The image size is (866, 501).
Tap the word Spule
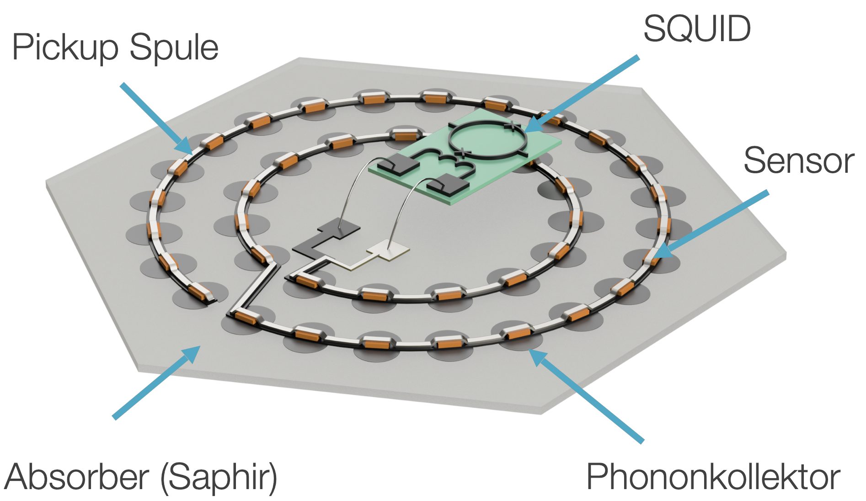[174, 47]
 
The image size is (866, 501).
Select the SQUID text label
[697, 29]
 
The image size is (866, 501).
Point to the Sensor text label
[799, 160]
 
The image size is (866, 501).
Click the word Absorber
[77, 477]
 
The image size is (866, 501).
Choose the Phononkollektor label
[713, 477]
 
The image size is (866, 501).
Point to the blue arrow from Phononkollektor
[586, 396]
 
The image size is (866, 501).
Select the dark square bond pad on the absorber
[339, 228]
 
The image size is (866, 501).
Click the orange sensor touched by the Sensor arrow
[653, 256]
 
